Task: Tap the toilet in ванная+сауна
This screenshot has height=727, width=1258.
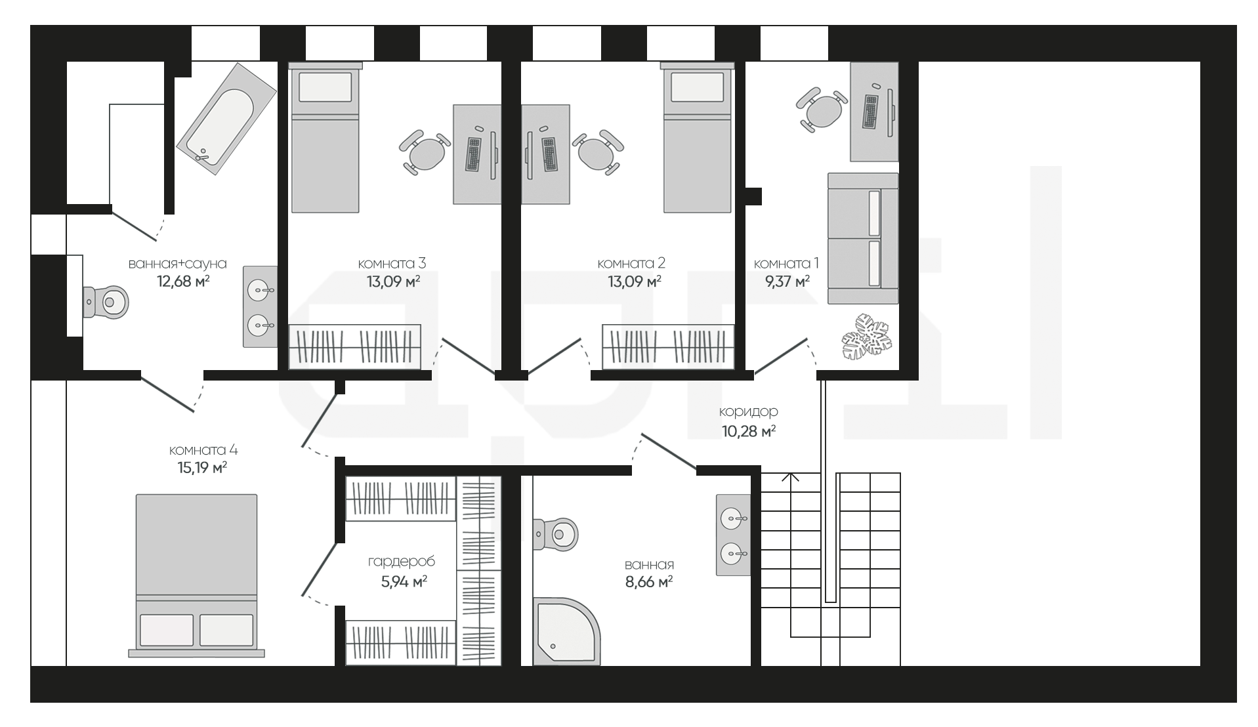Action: coord(106,302)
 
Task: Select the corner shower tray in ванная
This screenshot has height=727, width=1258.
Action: coord(566,631)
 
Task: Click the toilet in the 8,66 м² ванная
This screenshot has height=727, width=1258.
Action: coord(555,533)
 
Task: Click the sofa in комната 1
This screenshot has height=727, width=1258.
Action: coord(862,238)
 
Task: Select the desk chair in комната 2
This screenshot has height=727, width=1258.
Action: coord(598,152)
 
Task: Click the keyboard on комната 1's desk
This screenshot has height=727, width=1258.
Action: coord(871,112)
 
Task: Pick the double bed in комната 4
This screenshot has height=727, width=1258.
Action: coord(196,575)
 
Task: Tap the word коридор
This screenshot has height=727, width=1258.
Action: coord(749,411)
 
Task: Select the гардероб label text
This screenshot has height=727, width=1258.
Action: coord(402,562)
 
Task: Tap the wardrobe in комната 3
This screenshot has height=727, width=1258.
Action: coord(355,346)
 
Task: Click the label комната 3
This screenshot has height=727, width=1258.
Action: coord(392,263)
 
